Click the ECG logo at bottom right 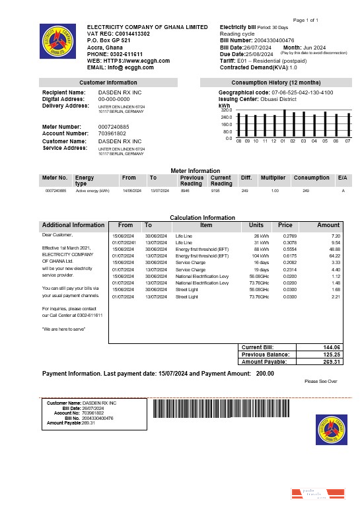[x=332, y=430]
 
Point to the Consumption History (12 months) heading [x=277, y=83]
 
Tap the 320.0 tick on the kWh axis [x=227, y=110]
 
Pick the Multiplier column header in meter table [x=273, y=178]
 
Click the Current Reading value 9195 [x=215, y=190]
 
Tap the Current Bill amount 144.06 [x=331, y=347]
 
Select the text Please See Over [x=321, y=382]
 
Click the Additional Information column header [x=73, y=225]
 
